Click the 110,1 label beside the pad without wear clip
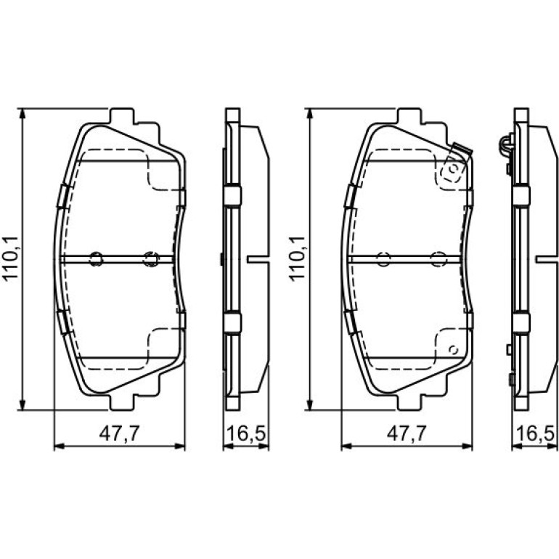coord(10,258)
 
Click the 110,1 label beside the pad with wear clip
coord(297,258)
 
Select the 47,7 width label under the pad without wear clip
coord(119,433)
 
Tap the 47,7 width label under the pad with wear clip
coord(407,433)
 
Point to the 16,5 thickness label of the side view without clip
coord(246,433)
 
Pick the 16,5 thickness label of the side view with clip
coord(536,433)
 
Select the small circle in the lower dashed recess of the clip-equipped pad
coord(454,350)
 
